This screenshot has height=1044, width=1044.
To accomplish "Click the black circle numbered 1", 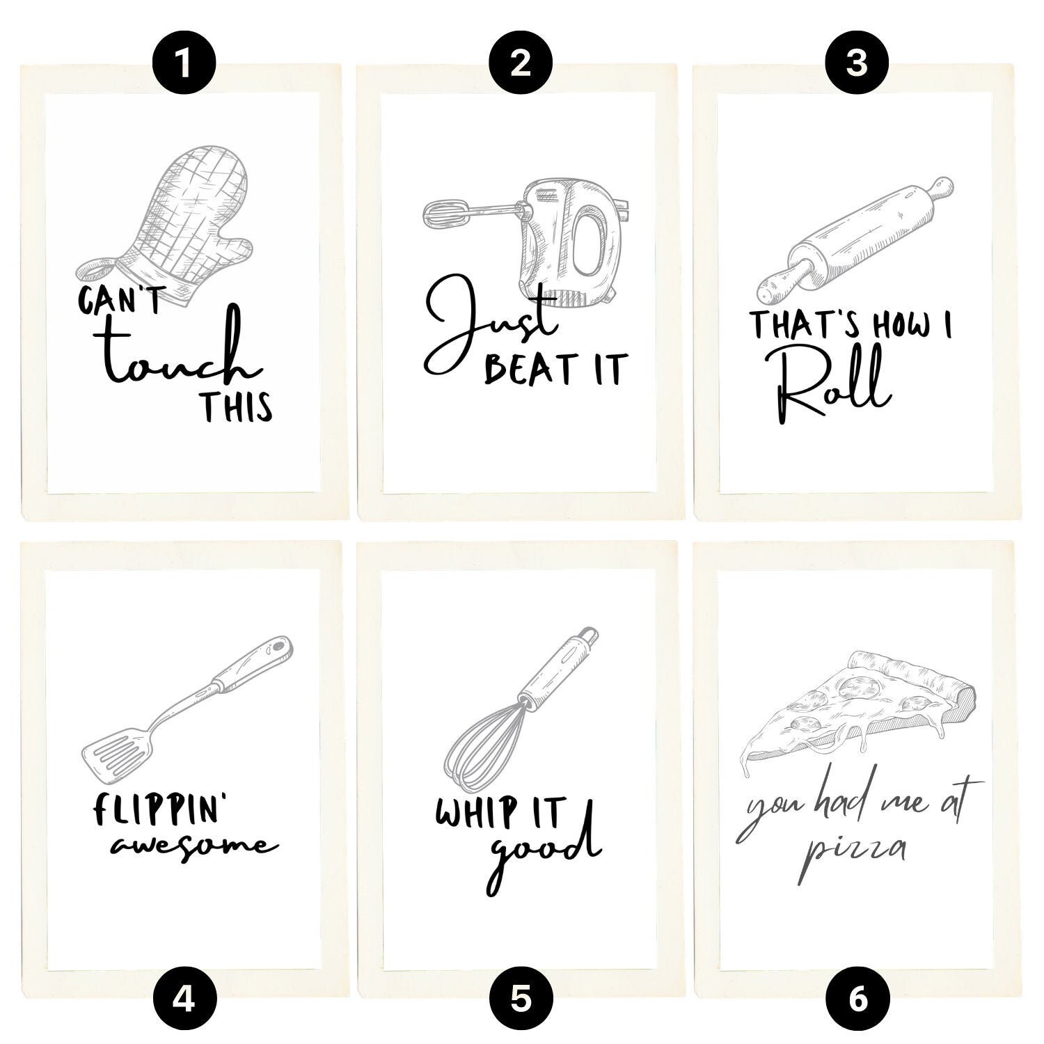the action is pos(184,64).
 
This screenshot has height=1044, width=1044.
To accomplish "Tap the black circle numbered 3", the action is pos(857,64).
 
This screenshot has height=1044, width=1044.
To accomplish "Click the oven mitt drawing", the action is pos(167,223).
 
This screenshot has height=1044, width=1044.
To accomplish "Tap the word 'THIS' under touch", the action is pos(237,407).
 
